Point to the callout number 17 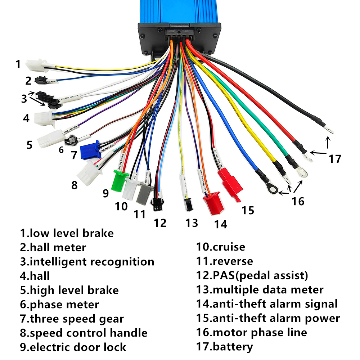coord(334,158)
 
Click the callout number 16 coord(298,201)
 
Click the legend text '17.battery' coord(224,347)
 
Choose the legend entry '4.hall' coord(35,276)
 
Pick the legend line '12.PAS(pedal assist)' coord(252,276)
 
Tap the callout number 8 coord(74,185)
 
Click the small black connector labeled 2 coord(40,80)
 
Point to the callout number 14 coord(221,224)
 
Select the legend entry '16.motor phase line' coord(251,332)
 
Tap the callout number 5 coord(29,145)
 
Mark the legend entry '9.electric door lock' coord(73,347)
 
